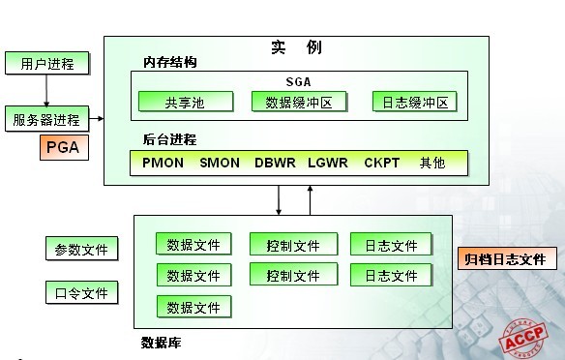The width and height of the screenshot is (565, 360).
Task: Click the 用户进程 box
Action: [46, 65]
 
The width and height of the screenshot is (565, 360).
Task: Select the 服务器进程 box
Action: [46, 120]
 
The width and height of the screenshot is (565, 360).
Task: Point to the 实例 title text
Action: [296, 47]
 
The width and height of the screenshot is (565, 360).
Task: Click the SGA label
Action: [299, 82]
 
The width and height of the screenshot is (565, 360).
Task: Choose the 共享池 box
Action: [185, 102]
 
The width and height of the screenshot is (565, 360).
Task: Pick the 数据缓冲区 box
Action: [298, 102]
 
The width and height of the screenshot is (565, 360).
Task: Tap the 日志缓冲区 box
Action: [414, 102]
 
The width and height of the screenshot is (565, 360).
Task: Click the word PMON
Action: [162, 163]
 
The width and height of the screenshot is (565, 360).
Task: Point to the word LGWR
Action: [327, 163]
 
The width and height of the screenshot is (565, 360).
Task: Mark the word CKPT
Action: [381, 163]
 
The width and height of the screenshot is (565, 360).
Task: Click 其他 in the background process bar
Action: [432, 163]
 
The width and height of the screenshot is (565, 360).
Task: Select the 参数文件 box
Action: [81, 249]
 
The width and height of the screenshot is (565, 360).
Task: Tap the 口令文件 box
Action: [81, 291]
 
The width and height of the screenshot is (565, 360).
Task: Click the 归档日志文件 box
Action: [505, 258]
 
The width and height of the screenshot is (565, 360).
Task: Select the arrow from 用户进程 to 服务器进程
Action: [46, 92]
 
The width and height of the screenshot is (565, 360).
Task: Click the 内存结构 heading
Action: [170, 62]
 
